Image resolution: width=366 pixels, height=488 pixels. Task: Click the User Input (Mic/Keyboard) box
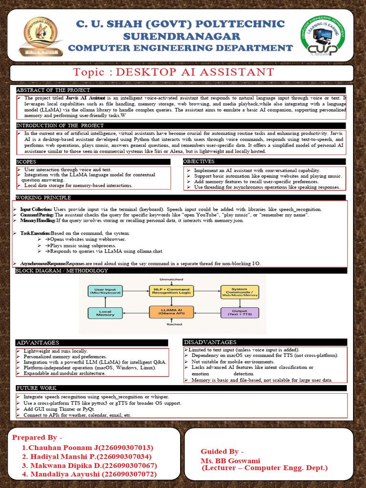(105, 291)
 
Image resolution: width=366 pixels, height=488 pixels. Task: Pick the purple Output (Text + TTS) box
(239, 313)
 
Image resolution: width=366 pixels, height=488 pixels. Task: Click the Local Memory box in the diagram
(105, 313)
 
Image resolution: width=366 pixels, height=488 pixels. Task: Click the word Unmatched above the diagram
(170, 279)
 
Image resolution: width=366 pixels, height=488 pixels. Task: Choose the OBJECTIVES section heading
(199, 162)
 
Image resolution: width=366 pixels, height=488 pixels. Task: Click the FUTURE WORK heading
(37, 388)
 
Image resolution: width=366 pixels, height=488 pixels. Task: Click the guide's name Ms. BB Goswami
(230, 461)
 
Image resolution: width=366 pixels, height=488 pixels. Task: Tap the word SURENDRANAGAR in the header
(175, 37)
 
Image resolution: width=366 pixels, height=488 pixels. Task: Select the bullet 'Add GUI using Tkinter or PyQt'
(59, 409)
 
